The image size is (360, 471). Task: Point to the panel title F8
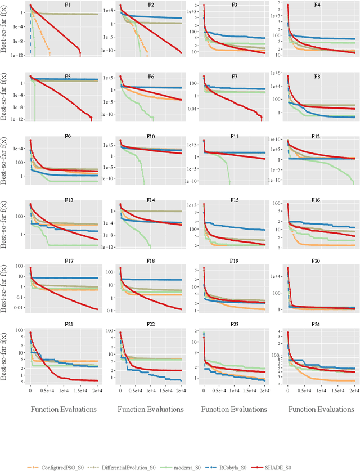317,75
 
